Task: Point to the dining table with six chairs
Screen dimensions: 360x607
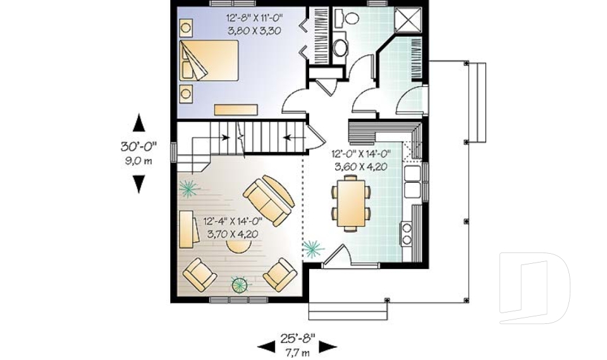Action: tap(350, 202)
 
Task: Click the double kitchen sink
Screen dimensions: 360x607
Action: tap(412, 181)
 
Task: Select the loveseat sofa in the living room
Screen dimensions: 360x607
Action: tap(269, 200)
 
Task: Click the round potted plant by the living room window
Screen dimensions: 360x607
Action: tap(239, 285)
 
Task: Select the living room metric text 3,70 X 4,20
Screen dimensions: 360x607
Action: tap(233, 234)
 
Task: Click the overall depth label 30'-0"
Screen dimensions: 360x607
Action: tap(138, 147)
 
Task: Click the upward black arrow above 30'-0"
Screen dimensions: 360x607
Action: tap(138, 123)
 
